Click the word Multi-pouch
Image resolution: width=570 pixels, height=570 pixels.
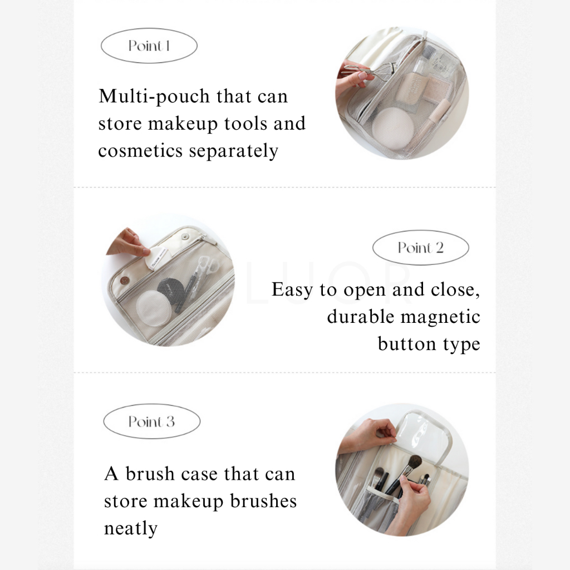click(155, 97)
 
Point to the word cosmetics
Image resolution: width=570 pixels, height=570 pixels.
click(140, 151)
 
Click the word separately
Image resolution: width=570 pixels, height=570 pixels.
click(234, 151)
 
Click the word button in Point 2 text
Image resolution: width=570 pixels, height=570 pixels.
click(407, 343)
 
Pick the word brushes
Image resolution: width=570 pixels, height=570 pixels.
click(263, 501)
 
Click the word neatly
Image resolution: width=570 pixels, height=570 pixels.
click(131, 529)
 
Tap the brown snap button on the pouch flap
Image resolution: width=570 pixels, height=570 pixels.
click(124, 281)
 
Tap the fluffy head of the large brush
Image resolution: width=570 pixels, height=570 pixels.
click(414, 463)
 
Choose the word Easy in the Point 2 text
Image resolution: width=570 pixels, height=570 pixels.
click(292, 290)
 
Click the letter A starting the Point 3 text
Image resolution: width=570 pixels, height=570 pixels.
click(111, 474)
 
